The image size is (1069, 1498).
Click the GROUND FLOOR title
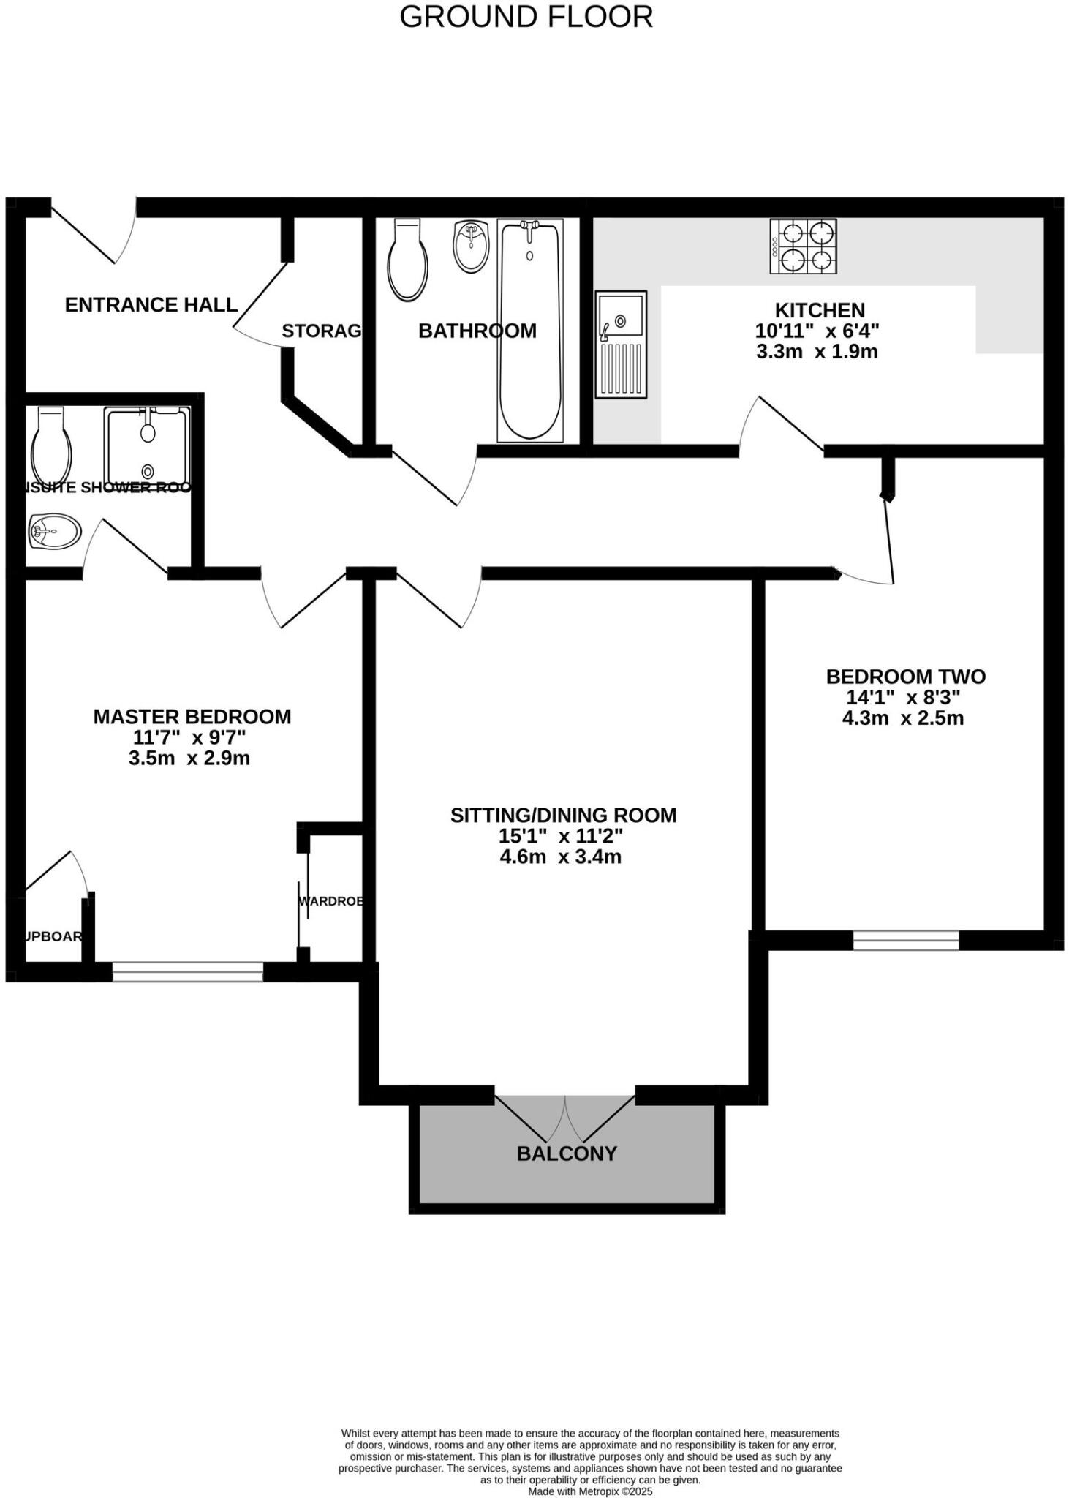click(x=526, y=17)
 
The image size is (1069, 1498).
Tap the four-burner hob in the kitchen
click(x=803, y=246)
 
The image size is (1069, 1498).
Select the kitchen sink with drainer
click(x=621, y=344)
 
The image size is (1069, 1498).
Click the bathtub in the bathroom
click(x=530, y=331)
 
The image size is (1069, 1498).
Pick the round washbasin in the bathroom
click(x=471, y=246)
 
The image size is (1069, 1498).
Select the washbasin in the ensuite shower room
click(x=55, y=530)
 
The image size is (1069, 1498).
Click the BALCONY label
click(x=567, y=1153)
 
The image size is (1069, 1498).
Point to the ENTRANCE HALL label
click(x=151, y=304)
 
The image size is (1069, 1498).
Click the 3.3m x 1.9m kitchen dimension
click(x=817, y=352)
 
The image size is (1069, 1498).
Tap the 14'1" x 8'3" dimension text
click(x=903, y=697)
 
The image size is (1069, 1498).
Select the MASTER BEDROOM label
click(x=192, y=716)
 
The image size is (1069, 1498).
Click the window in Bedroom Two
click(x=905, y=940)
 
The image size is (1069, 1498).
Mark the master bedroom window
click(x=187, y=971)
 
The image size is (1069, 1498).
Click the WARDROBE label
click(x=331, y=901)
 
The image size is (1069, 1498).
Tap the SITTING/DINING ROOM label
click(x=563, y=815)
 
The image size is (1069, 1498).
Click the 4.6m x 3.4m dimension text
click(x=560, y=857)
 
